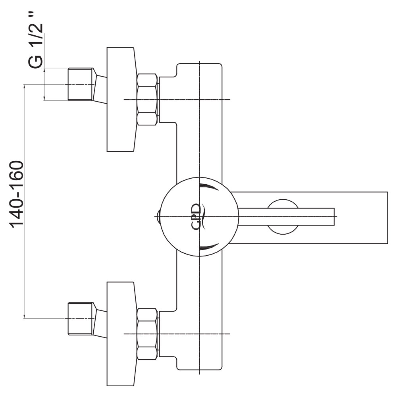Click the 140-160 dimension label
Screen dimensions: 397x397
(x=17, y=194)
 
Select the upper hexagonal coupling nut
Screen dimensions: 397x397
(x=147, y=99)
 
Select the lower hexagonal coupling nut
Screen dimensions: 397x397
(x=147, y=334)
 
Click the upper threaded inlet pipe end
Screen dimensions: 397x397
(x=81, y=84)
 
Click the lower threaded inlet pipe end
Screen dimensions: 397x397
(x=81, y=318)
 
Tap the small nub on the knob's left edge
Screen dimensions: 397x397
(x=158, y=216)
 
